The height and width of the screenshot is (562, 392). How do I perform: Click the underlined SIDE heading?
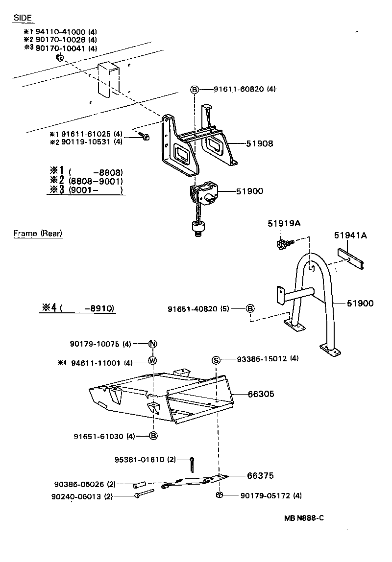23,18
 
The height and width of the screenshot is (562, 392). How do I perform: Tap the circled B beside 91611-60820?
195,90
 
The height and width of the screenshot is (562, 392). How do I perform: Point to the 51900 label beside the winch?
250,191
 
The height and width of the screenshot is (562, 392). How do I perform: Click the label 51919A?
284,224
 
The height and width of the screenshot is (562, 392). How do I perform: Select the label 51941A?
350,235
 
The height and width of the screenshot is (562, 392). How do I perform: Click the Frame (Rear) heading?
38,234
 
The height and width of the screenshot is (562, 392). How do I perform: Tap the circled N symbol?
152,344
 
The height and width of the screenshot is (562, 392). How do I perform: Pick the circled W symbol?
152,362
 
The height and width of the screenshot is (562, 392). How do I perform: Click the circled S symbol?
216,360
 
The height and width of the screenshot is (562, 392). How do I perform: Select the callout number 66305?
261,394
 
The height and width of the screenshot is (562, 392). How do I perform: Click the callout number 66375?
261,476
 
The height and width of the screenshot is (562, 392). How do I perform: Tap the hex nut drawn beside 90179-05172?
220,495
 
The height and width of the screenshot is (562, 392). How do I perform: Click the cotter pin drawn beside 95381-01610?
192,463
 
